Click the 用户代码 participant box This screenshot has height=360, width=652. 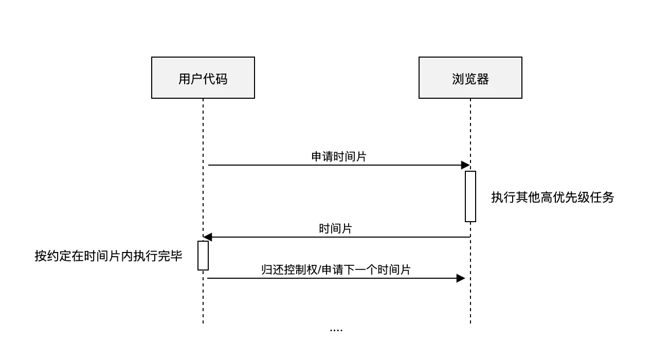(x=203, y=78)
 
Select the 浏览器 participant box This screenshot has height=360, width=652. (x=470, y=78)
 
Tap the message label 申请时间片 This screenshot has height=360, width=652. (x=339, y=157)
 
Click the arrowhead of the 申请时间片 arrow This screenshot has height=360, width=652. (x=465, y=165)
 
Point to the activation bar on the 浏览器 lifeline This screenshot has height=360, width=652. (x=470, y=196)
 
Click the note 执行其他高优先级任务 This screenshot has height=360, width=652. (x=552, y=197)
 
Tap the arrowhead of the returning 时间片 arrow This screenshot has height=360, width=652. (x=208, y=237)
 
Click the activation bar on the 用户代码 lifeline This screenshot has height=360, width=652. (x=203, y=256)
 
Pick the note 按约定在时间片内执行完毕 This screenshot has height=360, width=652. (x=108, y=256)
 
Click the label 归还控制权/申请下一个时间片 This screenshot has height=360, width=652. (x=336, y=269)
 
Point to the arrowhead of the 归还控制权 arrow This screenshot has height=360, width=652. (x=461, y=278)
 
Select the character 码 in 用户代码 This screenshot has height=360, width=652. (x=221, y=79)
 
